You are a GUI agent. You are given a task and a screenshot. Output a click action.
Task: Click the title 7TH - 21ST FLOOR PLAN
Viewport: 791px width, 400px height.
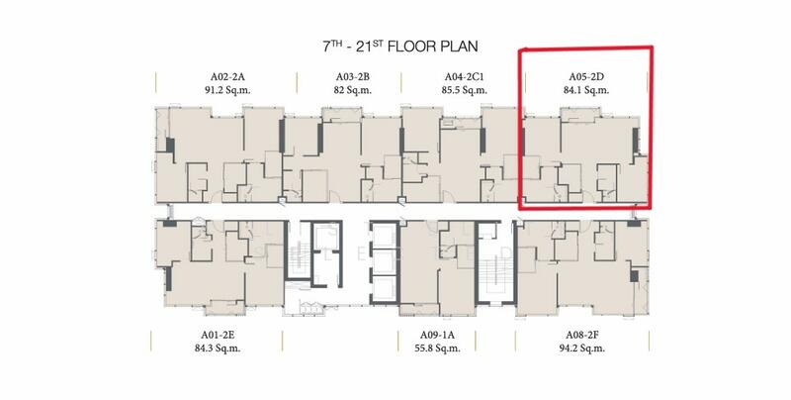coord(400,47)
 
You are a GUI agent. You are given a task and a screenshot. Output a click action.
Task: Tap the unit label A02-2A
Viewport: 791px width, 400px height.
coord(227,77)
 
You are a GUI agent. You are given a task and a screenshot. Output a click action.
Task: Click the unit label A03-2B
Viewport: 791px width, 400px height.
coord(353,77)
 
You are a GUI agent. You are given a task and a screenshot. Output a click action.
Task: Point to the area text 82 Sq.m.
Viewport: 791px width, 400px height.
coord(353,90)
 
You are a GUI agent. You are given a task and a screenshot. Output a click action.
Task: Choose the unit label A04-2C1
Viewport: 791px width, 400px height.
coord(464,77)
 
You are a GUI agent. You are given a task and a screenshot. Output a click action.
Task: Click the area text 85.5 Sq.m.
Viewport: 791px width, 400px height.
coord(464,90)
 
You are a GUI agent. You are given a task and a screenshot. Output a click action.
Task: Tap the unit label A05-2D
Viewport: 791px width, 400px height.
coord(586,77)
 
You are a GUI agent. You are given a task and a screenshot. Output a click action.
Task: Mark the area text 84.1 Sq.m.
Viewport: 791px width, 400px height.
coord(586,90)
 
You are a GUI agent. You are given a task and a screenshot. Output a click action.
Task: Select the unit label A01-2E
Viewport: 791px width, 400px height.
coord(218,335)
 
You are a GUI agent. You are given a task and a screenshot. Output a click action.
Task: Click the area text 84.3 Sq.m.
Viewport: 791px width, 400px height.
coord(218,348)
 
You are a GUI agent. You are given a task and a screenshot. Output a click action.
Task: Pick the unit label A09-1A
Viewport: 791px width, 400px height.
coord(437,335)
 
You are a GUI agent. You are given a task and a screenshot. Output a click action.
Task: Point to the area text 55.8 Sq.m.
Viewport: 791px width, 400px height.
coord(437,348)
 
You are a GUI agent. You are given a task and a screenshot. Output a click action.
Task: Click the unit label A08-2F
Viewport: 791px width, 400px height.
coord(581,335)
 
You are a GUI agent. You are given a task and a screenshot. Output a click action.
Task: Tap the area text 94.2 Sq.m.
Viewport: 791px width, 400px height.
coord(581,348)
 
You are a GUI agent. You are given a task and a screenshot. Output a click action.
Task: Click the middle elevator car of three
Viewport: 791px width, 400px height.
coord(385,261)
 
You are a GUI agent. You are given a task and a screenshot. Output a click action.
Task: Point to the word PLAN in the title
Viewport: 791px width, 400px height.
coord(458,47)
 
